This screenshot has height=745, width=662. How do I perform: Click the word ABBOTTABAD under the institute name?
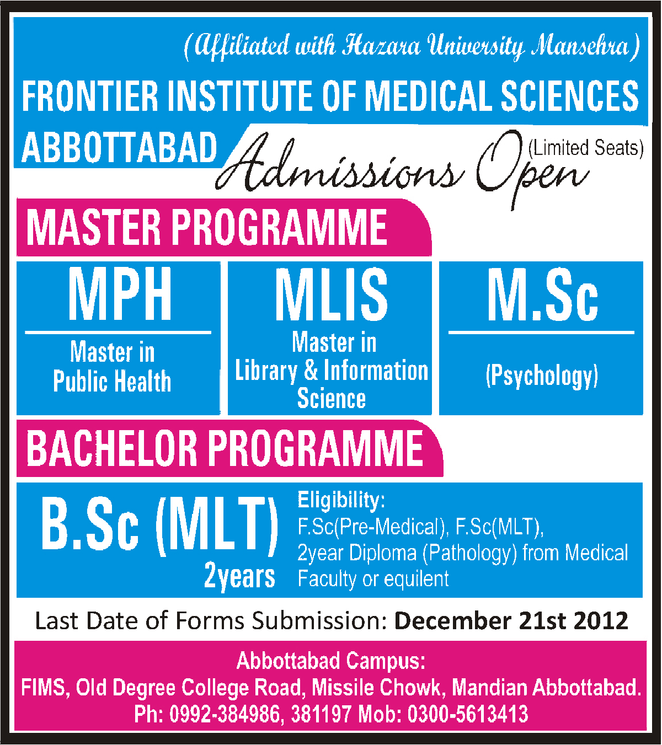point(120,148)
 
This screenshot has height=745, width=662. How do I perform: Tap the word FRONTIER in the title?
point(90,97)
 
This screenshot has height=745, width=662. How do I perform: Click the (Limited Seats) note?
point(586,148)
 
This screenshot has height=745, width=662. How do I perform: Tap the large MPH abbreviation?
point(120,294)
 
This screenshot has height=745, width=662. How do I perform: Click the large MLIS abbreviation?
point(332,294)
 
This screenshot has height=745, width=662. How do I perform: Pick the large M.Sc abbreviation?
point(543,294)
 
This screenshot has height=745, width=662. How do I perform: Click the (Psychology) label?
point(542,376)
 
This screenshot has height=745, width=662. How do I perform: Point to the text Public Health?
point(112,381)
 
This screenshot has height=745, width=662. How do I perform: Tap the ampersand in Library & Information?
point(311,370)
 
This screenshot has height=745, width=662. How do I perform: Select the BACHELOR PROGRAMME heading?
point(225,449)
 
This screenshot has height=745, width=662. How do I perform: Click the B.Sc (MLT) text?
point(159,524)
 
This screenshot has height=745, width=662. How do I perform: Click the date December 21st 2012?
point(511,621)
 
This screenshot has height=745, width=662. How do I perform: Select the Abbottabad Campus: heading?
point(331,661)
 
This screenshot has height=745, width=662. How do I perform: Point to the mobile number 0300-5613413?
point(468,714)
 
